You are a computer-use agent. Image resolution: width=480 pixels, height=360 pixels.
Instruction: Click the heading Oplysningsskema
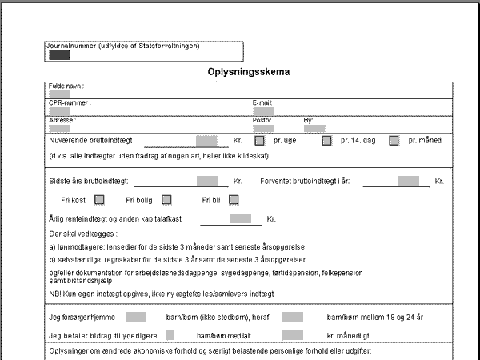pyautogui.click(x=248, y=72)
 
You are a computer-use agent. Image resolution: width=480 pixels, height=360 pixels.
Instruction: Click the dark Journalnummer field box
pyautogui.click(x=59, y=55)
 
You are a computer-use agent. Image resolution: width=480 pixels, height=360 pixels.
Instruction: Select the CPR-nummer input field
pyautogui.click(x=59, y=111)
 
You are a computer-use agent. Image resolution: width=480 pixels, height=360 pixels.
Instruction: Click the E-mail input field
pyautogui.click(x=263, y=111)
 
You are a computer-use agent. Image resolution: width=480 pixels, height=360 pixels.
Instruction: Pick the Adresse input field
pyautogui.click(x=59, y=128)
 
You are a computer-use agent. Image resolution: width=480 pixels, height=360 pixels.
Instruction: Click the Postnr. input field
pyautogui.click(x=263, y=128)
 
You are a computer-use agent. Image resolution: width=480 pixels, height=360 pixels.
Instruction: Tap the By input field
pyautogui.click(x=314, y=128)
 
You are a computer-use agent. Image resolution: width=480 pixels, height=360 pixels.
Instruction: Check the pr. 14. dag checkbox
pyautogui.click(x=326, y=141)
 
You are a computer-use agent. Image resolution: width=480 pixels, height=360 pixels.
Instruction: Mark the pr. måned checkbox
pyautogui.click(x=394, y=141)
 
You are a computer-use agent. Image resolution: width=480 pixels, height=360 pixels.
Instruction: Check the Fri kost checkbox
pyautogui.click(x=100, y=199)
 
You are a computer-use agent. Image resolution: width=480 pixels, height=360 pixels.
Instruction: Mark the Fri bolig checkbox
pyautogui.click(x=167, y=199)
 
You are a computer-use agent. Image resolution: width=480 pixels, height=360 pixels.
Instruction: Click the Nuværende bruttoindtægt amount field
pyautogui.click(x=206, y=141)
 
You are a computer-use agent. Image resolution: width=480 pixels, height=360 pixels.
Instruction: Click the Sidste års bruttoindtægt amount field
pyautogui.click(x=207, y=181)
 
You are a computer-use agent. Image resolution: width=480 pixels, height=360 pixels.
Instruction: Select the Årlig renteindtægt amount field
pyautogui.click(x=241, y=218)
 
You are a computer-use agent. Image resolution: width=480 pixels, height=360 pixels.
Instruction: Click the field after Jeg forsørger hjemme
pyautogui.click(x=136, y=317)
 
